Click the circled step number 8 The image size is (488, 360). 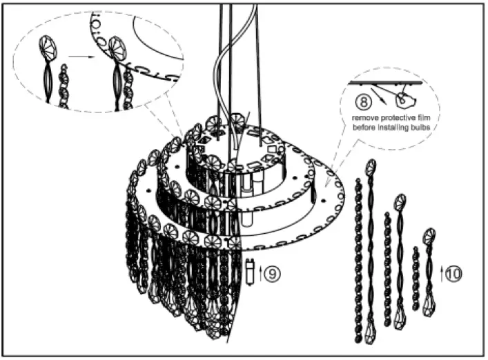360,101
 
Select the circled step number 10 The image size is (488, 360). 453,273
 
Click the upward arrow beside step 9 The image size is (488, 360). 260,274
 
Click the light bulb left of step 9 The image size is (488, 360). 248,272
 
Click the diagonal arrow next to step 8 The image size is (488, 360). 379,93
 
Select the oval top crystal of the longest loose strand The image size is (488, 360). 372,167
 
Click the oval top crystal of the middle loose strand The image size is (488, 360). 399,203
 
